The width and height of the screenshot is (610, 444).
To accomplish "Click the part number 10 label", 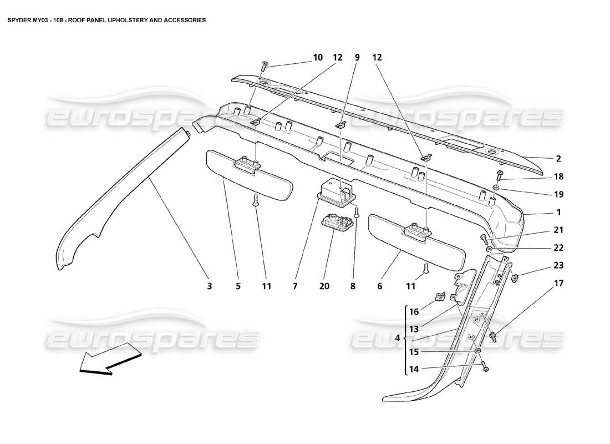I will [x=318, y=57].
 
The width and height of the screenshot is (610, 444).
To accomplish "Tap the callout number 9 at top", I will [x=357, y=57].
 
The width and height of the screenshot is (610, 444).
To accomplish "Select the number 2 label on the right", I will [x=558, y=159].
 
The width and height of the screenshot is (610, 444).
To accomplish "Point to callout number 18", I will [x=558, y=176].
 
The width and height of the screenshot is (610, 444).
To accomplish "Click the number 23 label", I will [x=558, y=265].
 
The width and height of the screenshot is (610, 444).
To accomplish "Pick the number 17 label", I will [x=558, y=284].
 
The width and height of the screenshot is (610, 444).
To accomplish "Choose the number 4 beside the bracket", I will [x=397, y=339].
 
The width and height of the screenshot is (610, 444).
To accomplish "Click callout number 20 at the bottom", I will [x=324, y=286].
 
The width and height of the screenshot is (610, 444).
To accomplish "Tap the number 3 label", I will [x=210, y=286].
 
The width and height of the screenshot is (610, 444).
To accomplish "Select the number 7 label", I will [x=295, y=286].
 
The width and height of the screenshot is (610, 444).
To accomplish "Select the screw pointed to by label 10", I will [x=264, y=67].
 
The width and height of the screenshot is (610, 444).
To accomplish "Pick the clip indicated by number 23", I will [x=515, y=276].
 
